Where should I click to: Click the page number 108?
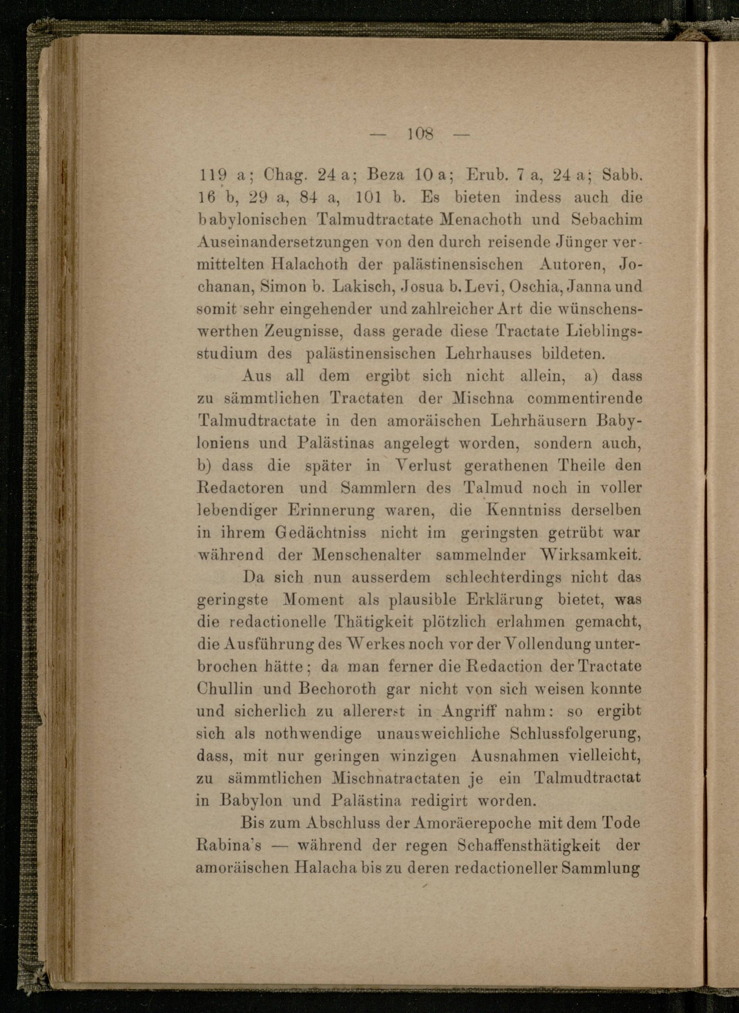tap(420, 133)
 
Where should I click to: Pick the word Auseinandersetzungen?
tap(283, 242)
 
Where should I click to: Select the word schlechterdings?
tap(503, 577)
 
